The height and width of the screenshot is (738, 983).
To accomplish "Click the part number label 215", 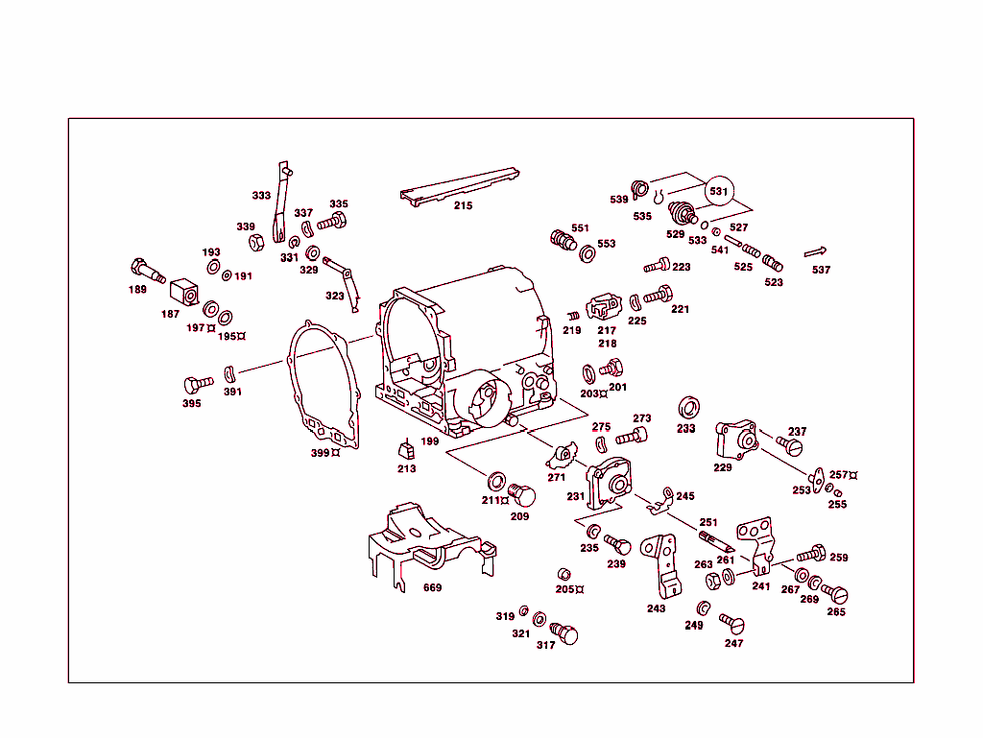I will click(464, 205).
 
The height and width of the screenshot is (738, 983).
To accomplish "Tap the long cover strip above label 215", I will click(459, 184).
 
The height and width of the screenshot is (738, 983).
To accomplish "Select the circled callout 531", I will click(719, 192).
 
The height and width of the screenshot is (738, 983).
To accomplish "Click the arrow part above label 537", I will click(815, 252).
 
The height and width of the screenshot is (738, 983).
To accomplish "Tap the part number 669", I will click(433, 587).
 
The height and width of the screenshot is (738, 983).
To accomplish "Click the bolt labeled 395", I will click(198, 384).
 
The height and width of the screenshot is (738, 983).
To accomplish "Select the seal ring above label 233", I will click(688, 405).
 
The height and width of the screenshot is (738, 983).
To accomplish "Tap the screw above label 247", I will click(731, 621).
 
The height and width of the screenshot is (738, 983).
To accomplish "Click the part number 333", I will click(261, 196).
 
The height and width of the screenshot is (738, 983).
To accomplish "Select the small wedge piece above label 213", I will click(406, 448).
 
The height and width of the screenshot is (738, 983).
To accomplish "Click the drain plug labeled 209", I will click(523, 495).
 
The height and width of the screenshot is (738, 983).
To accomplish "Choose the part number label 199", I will click(429, 441).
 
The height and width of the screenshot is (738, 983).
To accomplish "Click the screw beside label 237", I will click(789, 446).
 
